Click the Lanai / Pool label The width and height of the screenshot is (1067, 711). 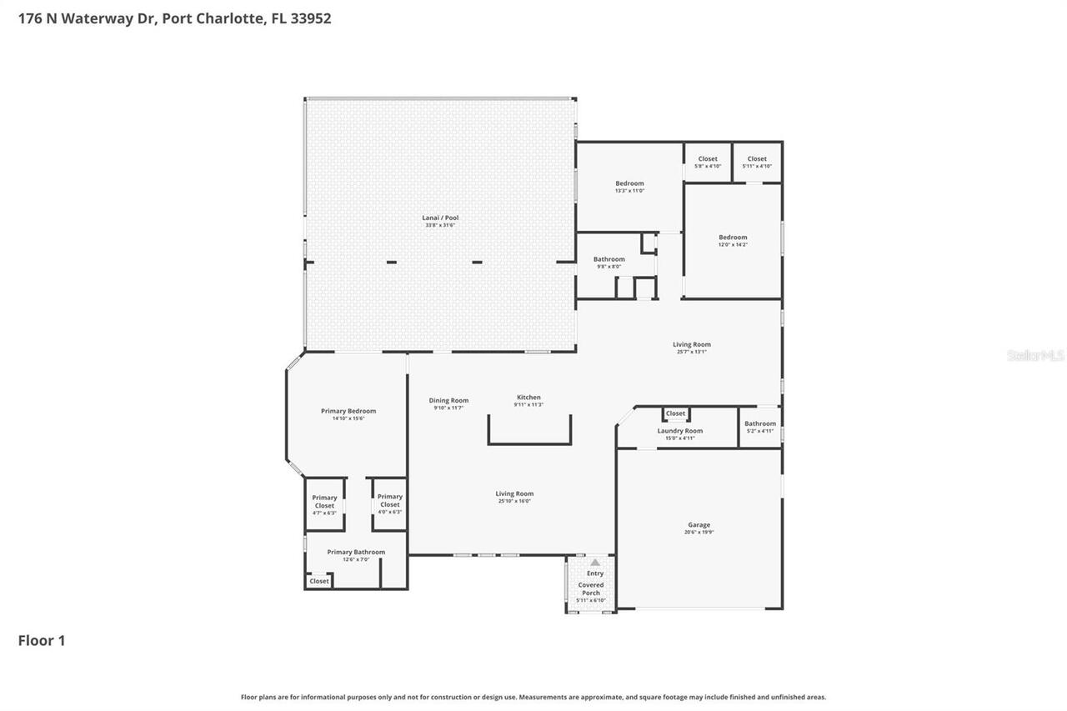[440, 218]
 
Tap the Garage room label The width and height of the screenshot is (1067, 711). [699, 525]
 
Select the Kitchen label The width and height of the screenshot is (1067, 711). [528, 398]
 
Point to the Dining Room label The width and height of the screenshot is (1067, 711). [448, 401]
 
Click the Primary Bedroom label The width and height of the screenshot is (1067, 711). [348, 411]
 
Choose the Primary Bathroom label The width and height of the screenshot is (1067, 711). [356, 552]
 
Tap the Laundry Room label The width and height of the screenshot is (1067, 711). [679, 431]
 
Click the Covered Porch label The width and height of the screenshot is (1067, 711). [591, 589]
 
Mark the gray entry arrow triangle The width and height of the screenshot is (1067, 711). [595, 563]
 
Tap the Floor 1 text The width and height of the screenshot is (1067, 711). [42, 640]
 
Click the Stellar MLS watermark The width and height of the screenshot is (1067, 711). [1036, 356]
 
